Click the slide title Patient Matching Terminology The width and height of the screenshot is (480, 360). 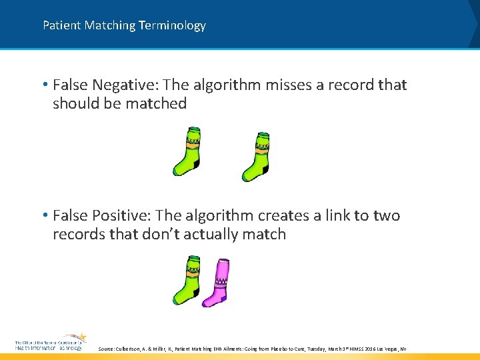tap(124, 25)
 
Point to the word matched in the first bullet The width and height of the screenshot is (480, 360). tap(159, 103)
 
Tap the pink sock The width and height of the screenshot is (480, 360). tap(218, 283)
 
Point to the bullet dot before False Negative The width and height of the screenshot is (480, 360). tap(44, 85)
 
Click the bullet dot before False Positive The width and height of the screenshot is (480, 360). tap(44, 216)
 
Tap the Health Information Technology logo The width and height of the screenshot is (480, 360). tap(50, 343)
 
